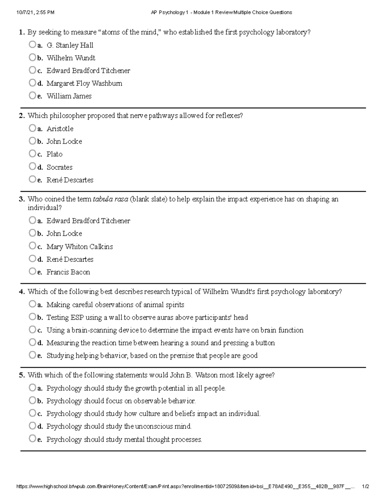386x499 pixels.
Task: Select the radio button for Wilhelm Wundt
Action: coord(32,58)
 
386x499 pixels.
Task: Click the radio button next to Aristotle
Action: coord(32,128)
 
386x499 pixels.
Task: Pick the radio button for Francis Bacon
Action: coord(32,272)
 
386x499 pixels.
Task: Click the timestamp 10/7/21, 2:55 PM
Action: coord(35,13)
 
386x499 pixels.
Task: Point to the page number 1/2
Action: coord(365,487)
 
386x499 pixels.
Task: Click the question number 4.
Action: coord(22,292)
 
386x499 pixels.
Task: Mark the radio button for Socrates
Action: coord(32,166)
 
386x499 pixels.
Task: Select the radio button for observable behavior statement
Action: coord(32,400)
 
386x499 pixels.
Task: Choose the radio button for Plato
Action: coord(32,154)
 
